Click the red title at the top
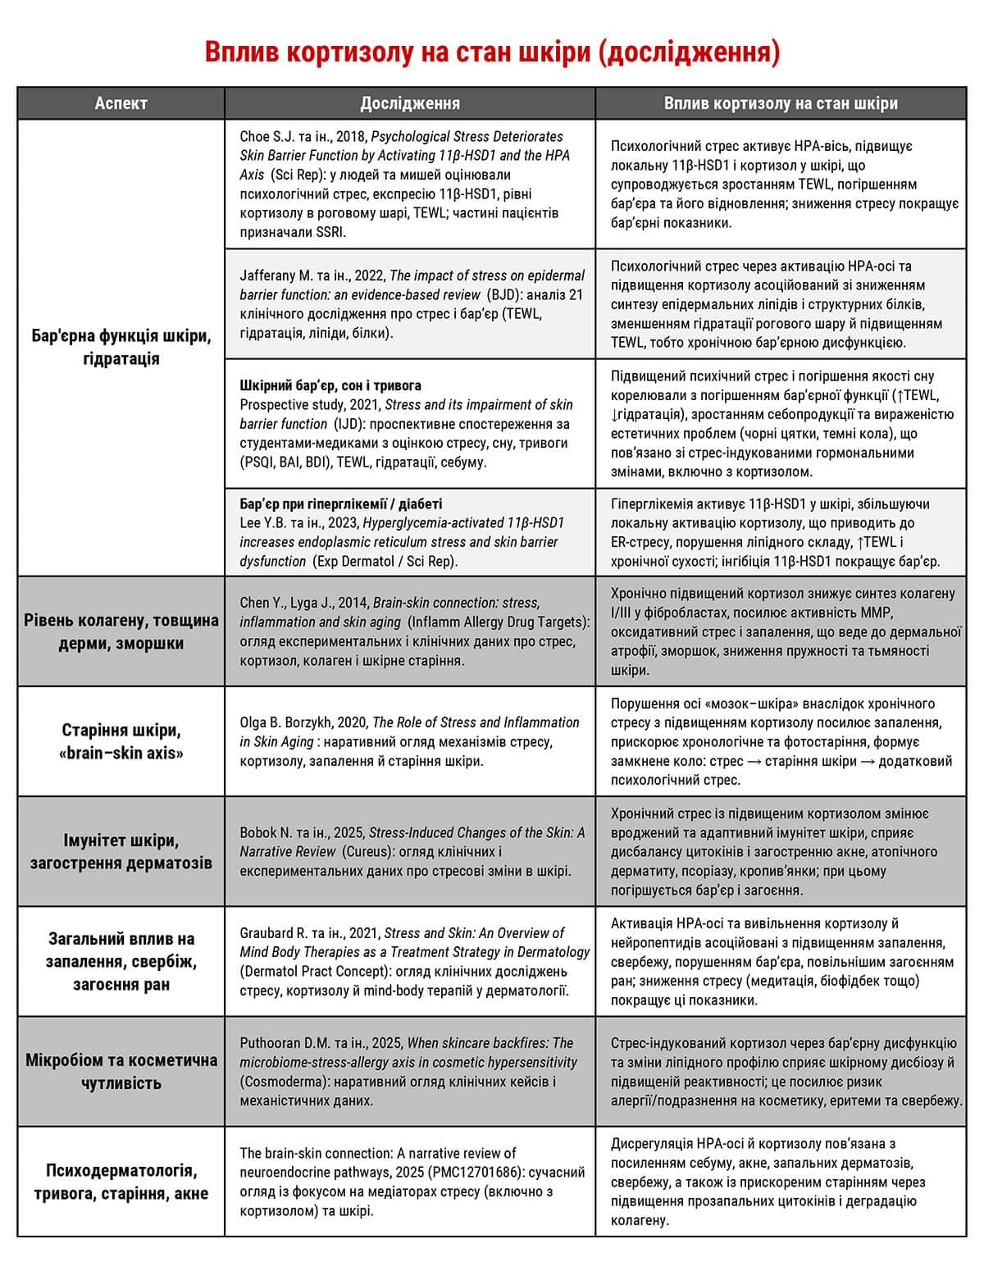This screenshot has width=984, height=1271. click(492, 52)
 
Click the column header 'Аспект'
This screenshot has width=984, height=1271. click(121, 103)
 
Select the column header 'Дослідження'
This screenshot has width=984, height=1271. click(410, 103)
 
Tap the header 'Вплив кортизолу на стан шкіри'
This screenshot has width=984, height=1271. click(781, 103)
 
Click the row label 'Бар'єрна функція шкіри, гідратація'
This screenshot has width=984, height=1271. click(121, 348)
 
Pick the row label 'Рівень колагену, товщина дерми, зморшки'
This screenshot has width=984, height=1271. click(121, 631)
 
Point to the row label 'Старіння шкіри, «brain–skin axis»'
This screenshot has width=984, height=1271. click(121, 741)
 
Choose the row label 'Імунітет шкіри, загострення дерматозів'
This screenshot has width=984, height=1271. click(121, 851)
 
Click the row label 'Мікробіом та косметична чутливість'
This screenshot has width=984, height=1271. click(121, 1071)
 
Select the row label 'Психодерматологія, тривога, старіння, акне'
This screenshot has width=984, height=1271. click(121, 1182)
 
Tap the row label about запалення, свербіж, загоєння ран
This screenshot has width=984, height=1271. click(121, 961)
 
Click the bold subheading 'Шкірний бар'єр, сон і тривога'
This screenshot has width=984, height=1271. click(330, 385)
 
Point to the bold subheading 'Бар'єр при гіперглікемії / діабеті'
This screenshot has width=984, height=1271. click(341, 503)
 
